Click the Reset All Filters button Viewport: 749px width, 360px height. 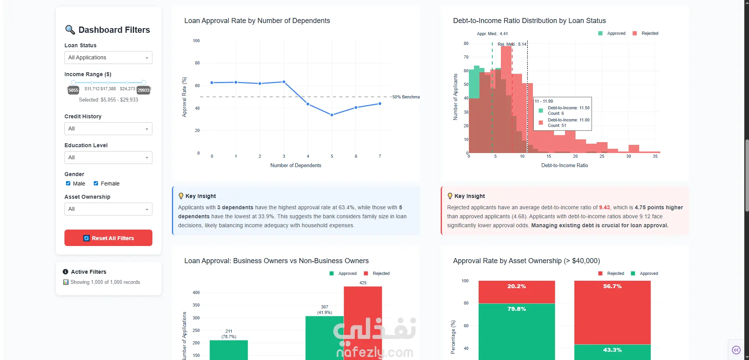(x=108, y=238)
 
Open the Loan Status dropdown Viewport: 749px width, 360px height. (x=108, y=58)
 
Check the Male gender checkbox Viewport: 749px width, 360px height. (x=68, y=184)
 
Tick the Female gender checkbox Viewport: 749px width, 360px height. (x=96, y=184)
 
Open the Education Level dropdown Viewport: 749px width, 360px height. (x=108, y=158)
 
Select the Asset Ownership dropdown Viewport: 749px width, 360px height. (x=108, y=209)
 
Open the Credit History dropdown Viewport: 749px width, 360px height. (x=108, y=129)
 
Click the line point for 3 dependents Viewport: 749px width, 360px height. (x=284, y=82)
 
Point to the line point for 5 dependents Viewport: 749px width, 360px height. (x=332, y=115)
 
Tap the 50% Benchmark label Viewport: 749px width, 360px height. (x=406, y=97)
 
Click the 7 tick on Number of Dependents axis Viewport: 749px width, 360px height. (x=380, y=156)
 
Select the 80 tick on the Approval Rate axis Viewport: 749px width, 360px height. (x=197, y=63)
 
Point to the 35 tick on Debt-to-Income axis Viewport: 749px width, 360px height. (x=655, y=156)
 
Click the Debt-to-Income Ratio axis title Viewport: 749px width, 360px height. (x=564, y=166)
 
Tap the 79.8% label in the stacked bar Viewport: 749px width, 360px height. (x=517, y=309)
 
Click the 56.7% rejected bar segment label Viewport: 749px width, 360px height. (x=612, y=286)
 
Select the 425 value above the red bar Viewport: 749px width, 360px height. (x=363, y=283)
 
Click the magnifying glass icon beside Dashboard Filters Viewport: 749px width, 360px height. (x=70, y=30)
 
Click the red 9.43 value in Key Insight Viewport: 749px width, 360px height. (x=604, y=208)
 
